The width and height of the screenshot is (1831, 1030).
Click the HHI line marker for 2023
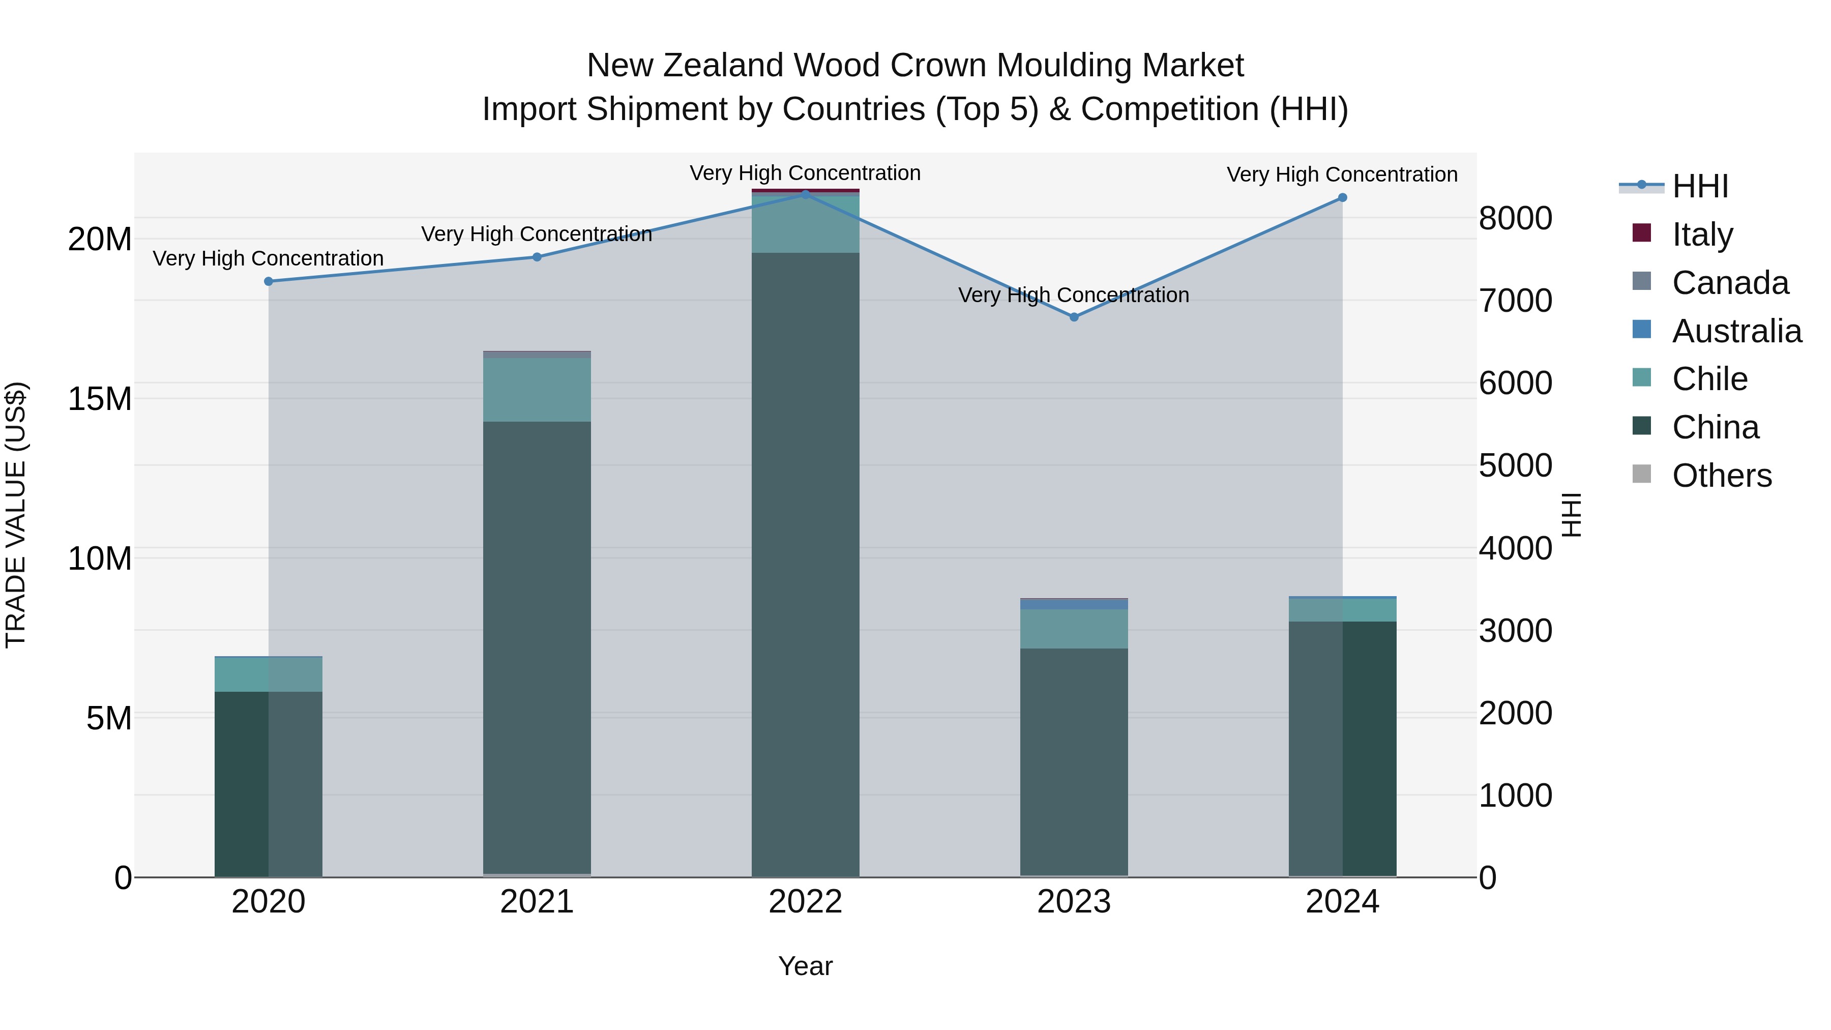coord(1074,317)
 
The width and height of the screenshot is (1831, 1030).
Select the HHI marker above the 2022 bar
coord(805,194)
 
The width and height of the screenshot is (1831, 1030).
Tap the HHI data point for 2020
coord(269,281)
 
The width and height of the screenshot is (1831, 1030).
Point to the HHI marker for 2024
coord(1342,198)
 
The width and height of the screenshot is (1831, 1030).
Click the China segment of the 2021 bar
coord(537,647)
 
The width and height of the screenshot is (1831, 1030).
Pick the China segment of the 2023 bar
coord(1074,760)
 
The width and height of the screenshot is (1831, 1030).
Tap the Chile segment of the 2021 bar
coord(537,390)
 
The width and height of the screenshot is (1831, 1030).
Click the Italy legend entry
coord(1702,234)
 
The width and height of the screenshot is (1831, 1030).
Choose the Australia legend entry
coord(1736,331)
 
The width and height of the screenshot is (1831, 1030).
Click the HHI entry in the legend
coord(1699,186)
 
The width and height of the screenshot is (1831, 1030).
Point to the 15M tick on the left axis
coord(100,399)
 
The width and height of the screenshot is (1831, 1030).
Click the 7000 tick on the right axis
coord(1516,300)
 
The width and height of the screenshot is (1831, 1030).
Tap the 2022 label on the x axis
coord(805,902)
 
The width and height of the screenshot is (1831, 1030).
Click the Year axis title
coord(805,966)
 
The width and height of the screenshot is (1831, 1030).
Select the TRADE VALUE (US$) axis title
coord(16,515)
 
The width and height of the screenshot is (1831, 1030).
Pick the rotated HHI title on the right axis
coord(1572,515)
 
